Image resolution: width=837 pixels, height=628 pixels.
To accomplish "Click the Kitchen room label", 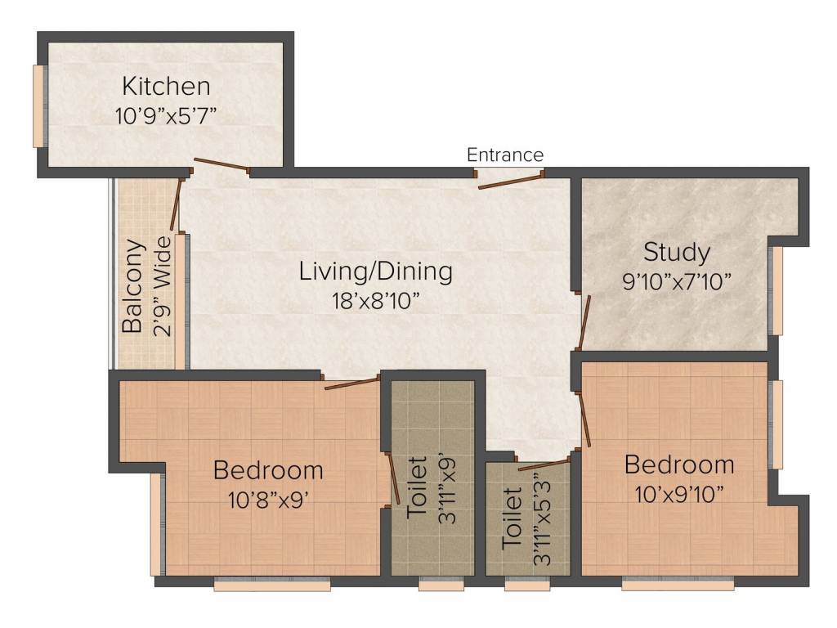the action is [x=166, y=86].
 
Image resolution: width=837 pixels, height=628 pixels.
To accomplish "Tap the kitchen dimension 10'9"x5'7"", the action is [x=166, y=115].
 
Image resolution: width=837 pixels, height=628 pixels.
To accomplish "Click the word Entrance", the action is [x=505, y=155].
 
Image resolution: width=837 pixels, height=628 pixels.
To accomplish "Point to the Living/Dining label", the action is [x=376, y=271].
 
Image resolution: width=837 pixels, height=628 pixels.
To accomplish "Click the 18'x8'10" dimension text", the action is [x=373, y=301].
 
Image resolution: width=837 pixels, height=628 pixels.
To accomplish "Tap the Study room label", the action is [x=676, y=252].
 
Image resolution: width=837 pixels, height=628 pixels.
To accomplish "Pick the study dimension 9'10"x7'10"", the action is [x=676, y=281].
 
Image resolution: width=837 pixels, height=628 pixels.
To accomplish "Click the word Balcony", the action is [x=132, y=286].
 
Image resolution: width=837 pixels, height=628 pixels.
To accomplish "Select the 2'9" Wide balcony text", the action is [x=162, y=286].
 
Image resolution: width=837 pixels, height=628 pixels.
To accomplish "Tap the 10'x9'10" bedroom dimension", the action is [x=679, y=495].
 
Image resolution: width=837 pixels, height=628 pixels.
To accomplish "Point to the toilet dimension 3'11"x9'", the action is [x=447, y=490].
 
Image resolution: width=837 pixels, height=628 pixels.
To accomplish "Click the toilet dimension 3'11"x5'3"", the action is [x=543, y=518].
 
